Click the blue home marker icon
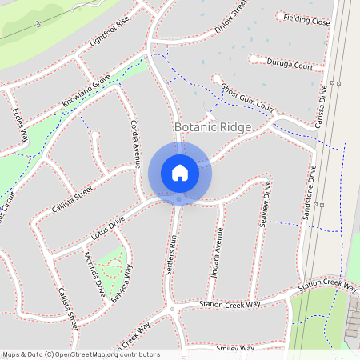click(179, 173)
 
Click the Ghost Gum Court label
click(247, 97)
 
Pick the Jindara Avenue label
click(215, 253)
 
